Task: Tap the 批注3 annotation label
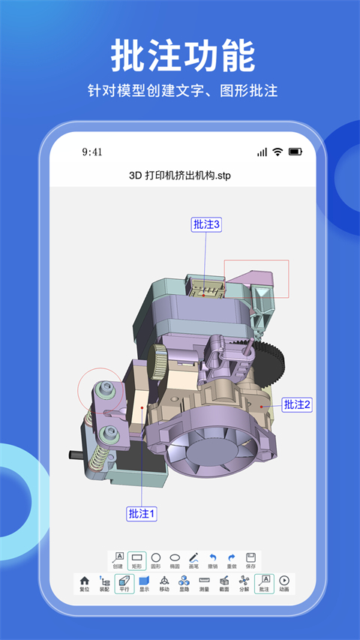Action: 206,224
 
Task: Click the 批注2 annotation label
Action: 297,404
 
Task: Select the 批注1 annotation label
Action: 142,514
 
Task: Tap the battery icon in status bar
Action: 295,152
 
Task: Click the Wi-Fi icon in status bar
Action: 277,152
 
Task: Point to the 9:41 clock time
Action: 92,152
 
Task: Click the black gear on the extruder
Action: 273,360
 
